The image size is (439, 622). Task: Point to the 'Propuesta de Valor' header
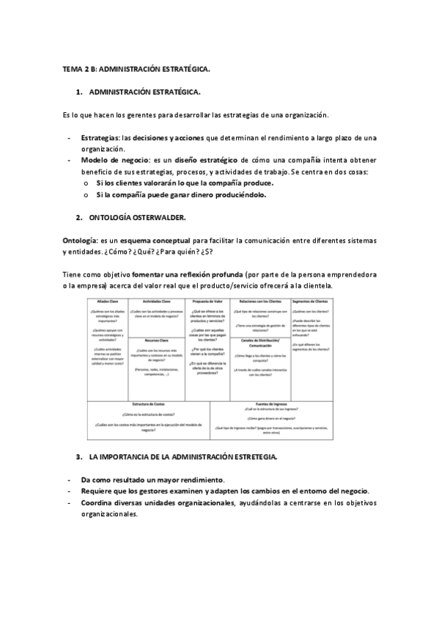click(x=207, y=301)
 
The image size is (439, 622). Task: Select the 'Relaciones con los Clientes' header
click(x=259, y=301)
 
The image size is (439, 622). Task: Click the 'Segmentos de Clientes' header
click(x=311, y=301)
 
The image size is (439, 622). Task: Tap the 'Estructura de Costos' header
click(x=148, y=404)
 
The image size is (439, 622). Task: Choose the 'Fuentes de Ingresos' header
click(x=271, y=404)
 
